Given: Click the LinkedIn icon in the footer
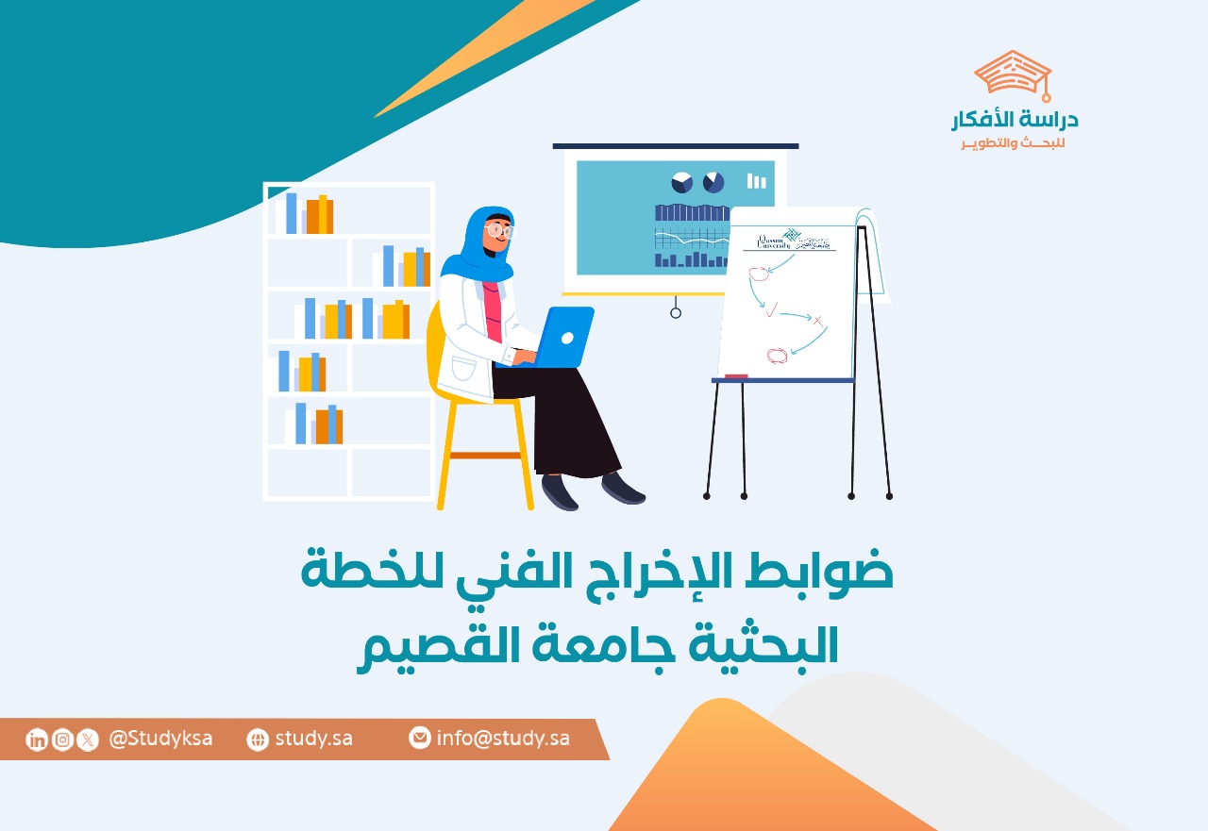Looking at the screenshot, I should tap(37, 740).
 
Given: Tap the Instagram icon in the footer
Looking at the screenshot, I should tap(62, 740).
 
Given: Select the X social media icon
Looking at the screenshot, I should tap(88, 740).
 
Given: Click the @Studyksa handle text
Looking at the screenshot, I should tap(160, 739).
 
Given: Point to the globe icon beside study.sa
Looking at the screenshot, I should tap(258, 740).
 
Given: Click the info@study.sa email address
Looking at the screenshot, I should tap(503, 739).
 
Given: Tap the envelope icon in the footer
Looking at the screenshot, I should tap(420, 739).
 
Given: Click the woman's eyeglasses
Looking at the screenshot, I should tap(499, 230).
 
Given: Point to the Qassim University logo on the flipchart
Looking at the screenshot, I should tap(788, 242).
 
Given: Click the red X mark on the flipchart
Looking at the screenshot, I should tap(818, 322).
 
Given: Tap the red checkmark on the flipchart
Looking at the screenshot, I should tap(771, 309).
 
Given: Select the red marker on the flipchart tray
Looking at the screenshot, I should tap(736, 377).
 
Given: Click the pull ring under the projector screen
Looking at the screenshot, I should tap(676, 312).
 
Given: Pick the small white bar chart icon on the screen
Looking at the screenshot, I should tap(757, 180).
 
